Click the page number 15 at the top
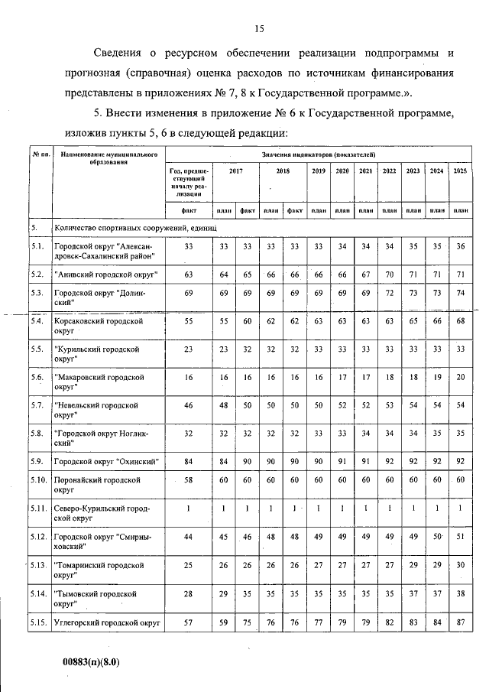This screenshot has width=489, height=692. point(259,29)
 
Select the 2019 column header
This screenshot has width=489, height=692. point(319,171)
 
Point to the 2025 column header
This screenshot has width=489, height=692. point(459,171)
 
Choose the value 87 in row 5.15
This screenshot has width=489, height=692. point(459,625)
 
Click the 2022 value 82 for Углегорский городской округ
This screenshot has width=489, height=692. point(389,625)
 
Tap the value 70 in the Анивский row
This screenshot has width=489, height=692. point(389,274)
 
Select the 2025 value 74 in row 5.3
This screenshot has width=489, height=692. point(459,294)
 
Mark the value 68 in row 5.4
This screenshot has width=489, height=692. point(459,323)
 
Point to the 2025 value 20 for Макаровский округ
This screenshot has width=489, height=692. point(459,377)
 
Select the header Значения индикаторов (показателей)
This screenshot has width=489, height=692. point(317,155)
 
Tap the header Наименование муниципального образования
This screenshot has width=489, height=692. point(108,158)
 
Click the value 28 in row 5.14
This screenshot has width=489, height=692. point(188,593)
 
